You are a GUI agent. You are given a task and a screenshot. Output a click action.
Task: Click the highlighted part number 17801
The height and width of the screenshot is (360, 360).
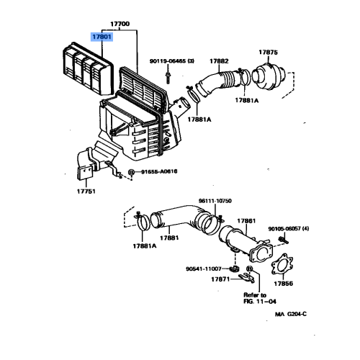pyautogui.click(x=102, y=37)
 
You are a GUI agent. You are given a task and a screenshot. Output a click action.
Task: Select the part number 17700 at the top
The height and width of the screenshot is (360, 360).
pyautogui.click(x=120, y=24)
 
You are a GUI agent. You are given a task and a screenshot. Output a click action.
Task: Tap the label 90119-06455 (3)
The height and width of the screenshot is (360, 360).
pyautogui.click(x=172, y=61)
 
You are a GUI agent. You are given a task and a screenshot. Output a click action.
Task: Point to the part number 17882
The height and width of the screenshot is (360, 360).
pyautogui.click(x=219, y=61)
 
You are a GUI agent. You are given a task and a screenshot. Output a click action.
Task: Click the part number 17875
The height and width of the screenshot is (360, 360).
pyautogui.click(x=268, y=53)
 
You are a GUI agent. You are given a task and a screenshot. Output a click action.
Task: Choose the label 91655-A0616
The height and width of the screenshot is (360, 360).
pyautogui.click(x=159, y=171)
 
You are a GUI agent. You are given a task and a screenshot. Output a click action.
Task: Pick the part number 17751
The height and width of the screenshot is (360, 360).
pyautogui.click(x=86, y=192)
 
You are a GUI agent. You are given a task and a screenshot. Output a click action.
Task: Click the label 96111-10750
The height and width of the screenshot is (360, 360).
pyautogui.click(x=215, y=201)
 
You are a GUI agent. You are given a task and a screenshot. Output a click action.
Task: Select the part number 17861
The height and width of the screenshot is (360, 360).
pyautogui.click(x=246, y=221)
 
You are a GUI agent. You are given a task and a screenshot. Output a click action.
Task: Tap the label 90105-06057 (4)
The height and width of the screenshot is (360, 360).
pyautogui.click(x=289, y=229)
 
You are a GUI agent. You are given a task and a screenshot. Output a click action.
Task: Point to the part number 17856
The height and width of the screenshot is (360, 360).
pyautogui.click(x=284, y=284)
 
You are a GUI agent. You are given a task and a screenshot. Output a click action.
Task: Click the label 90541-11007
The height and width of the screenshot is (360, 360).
pyautogui.click(x=204, y=269)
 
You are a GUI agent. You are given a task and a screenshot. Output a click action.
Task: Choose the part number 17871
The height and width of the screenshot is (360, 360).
pyautogui.click(x=220, y=279)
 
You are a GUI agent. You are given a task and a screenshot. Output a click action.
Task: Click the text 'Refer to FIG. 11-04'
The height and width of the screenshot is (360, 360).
pyautogui.click(x=260, y=298)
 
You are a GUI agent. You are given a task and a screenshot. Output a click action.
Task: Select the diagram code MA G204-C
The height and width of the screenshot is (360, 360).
pyautogui.click(x=291, y=314)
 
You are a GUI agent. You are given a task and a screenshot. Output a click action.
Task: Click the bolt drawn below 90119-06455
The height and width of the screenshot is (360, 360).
pyautogui.click(x=168, y=77)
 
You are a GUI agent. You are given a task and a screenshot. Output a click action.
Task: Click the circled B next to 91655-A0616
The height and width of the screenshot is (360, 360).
pyautogui.click(x=131, y=172)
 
